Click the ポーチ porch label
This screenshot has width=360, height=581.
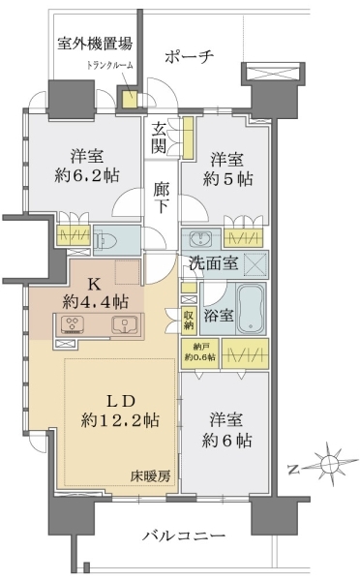189,57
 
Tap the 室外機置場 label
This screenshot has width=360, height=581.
95,44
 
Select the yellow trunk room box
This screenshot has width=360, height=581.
130,98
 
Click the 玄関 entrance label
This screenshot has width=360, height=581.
159,138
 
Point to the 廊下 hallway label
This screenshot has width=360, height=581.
162,198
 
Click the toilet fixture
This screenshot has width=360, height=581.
106,240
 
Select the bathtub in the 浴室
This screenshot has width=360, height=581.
251,309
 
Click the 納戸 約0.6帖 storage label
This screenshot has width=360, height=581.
199,352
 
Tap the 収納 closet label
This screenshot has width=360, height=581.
189,320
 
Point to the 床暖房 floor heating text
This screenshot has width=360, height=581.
150,475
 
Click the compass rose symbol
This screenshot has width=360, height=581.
329,463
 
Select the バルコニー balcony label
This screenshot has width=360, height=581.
184,535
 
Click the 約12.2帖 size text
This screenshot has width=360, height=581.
120,420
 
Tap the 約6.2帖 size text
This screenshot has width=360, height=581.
87,174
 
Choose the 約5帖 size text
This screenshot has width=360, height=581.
227,179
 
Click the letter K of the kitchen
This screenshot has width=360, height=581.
94,284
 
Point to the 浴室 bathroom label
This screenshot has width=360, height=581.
219,315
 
